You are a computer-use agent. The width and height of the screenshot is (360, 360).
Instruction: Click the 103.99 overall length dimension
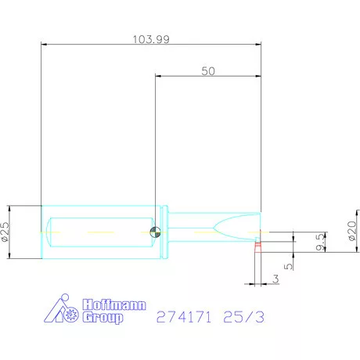(x=151, y=39)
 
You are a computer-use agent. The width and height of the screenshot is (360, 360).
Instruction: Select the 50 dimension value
(x=208, y=71)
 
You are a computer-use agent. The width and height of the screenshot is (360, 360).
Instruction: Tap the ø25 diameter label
(x=5, y=232)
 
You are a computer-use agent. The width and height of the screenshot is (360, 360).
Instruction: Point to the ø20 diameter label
(x=352, y=231)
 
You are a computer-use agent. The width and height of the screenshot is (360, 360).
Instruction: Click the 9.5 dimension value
(x=320, y=242)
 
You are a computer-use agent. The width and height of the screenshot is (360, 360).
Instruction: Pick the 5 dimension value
(x=288, y=266)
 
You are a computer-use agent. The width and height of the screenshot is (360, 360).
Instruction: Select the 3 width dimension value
(x=275, y=279)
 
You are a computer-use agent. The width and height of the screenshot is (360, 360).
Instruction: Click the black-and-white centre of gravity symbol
(x=155, y=232)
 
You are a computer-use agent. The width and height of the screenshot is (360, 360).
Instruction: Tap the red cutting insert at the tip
(x=257, y=247)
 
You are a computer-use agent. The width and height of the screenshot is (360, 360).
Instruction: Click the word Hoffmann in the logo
(x=114, y=304)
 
